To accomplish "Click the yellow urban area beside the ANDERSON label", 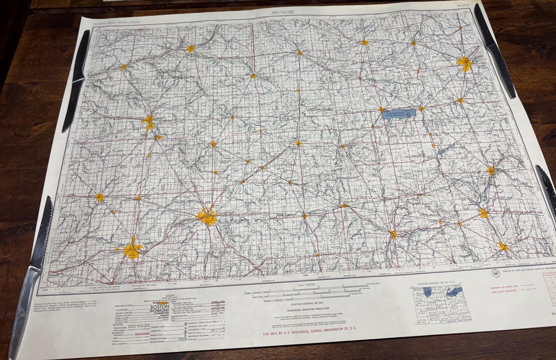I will point(132,251).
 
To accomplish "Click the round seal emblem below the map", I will point(495,272).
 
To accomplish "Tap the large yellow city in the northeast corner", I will point(464,63).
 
